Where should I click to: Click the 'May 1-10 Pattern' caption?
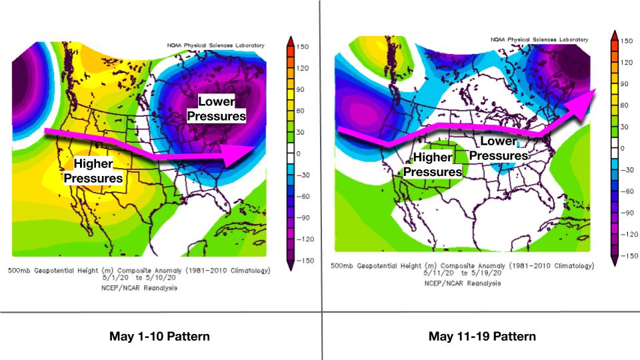159,336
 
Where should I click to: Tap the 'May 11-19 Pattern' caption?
482,336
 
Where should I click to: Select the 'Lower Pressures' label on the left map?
217,109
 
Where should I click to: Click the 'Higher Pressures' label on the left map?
93,171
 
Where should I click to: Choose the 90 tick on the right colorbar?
625,84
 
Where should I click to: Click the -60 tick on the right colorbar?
627,191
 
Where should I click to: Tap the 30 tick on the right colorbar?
625,127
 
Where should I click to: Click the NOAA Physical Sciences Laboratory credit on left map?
215,45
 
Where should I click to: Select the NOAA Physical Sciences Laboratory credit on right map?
540,40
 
